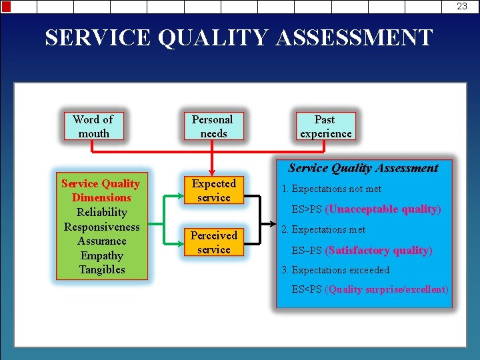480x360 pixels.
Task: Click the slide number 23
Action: tap(461, 6)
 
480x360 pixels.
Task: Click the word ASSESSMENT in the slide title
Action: tap(353, 37)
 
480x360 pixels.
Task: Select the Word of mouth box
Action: tap(93, 126)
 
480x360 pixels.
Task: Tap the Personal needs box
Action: tap(213, 126)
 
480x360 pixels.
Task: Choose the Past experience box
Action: tap(325, 126)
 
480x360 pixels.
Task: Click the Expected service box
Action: tap(213, 190)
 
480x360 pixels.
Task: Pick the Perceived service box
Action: tap(213, 242)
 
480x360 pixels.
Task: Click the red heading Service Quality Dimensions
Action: tap(101, 190)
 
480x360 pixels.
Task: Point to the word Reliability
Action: tap(101, 212)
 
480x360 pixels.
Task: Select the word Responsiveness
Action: tap(101, 227)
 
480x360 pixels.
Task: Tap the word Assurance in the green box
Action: tap(101, 241)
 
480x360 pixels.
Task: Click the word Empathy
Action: tap(101, 255)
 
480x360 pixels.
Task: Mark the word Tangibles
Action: tap(101, 269)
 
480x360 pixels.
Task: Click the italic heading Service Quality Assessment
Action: tap(363, 168)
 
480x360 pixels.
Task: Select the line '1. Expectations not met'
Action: tap(331, 189)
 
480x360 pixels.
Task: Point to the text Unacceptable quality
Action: tap(383, 209)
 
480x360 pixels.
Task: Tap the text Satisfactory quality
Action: tap(379, 250)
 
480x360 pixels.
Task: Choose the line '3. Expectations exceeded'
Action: tap(335, 270)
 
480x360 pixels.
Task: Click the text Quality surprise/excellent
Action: tap(387, 289)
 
